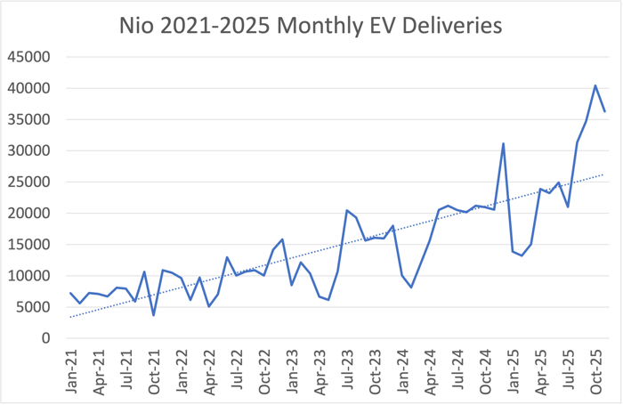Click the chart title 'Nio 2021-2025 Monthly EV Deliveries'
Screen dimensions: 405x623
coord(311,26)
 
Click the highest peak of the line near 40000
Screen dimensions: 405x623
coord(595,85)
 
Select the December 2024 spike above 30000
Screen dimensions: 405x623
coord(504,143)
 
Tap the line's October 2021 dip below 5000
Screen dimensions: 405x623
coord(153,315)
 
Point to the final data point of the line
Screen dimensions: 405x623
coord(604,111)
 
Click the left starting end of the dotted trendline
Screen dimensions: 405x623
coord(70,317)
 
